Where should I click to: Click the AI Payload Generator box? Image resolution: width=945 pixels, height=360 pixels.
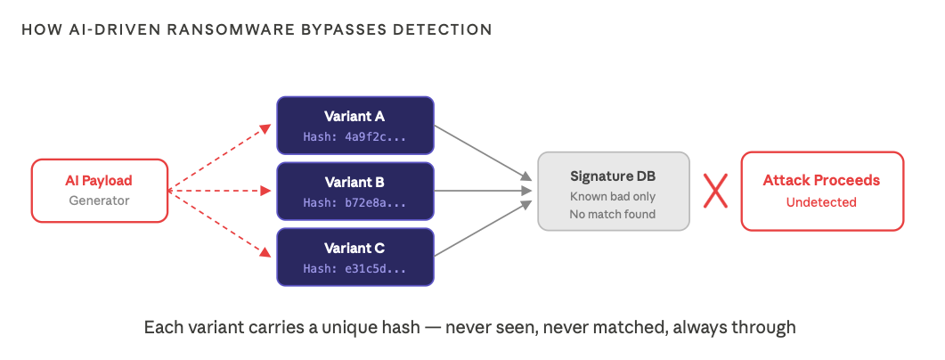[x=99, y=190]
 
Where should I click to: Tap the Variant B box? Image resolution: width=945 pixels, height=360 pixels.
[x=354, y=191]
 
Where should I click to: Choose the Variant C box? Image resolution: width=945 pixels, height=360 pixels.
[x=354, y=256]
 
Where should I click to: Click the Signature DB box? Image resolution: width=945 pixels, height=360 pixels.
[x=614, y=191]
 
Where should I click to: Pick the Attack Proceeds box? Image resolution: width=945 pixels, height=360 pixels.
[x=821, y=191]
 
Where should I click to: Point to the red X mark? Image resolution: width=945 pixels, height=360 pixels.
[x=715, y=191]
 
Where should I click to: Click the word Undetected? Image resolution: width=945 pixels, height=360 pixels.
[x=821, y=202]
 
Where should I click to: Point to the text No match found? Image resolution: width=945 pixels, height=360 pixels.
[x=613, y=214]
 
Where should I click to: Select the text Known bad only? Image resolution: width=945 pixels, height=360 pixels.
[x=613, y=196]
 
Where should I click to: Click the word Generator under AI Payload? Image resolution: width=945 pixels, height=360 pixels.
[x=99, y=200]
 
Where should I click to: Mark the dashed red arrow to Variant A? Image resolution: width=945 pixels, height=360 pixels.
[x=221, y=158]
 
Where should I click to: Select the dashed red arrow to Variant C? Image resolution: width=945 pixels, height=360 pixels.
[x=221, y=224]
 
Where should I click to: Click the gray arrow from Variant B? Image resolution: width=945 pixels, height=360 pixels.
[x=481, y=190]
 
